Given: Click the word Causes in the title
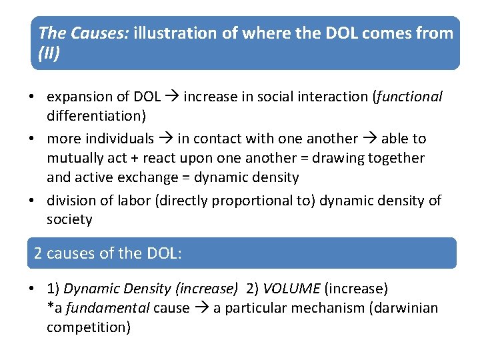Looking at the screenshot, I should click(x=107, y=33).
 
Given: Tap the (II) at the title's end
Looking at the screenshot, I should click(x=49, y=53).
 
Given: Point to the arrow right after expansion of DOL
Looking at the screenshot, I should click(x=172, y=97).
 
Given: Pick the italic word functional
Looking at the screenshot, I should click(x=409, y=97).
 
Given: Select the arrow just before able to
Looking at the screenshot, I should click(x=369, y=139).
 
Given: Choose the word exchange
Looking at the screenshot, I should click(x=155, y=177).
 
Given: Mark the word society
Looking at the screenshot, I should click(x=69, y=219).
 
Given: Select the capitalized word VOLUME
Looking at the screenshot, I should click(x=291, y=289).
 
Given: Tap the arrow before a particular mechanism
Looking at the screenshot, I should click(x=201, y=308).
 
